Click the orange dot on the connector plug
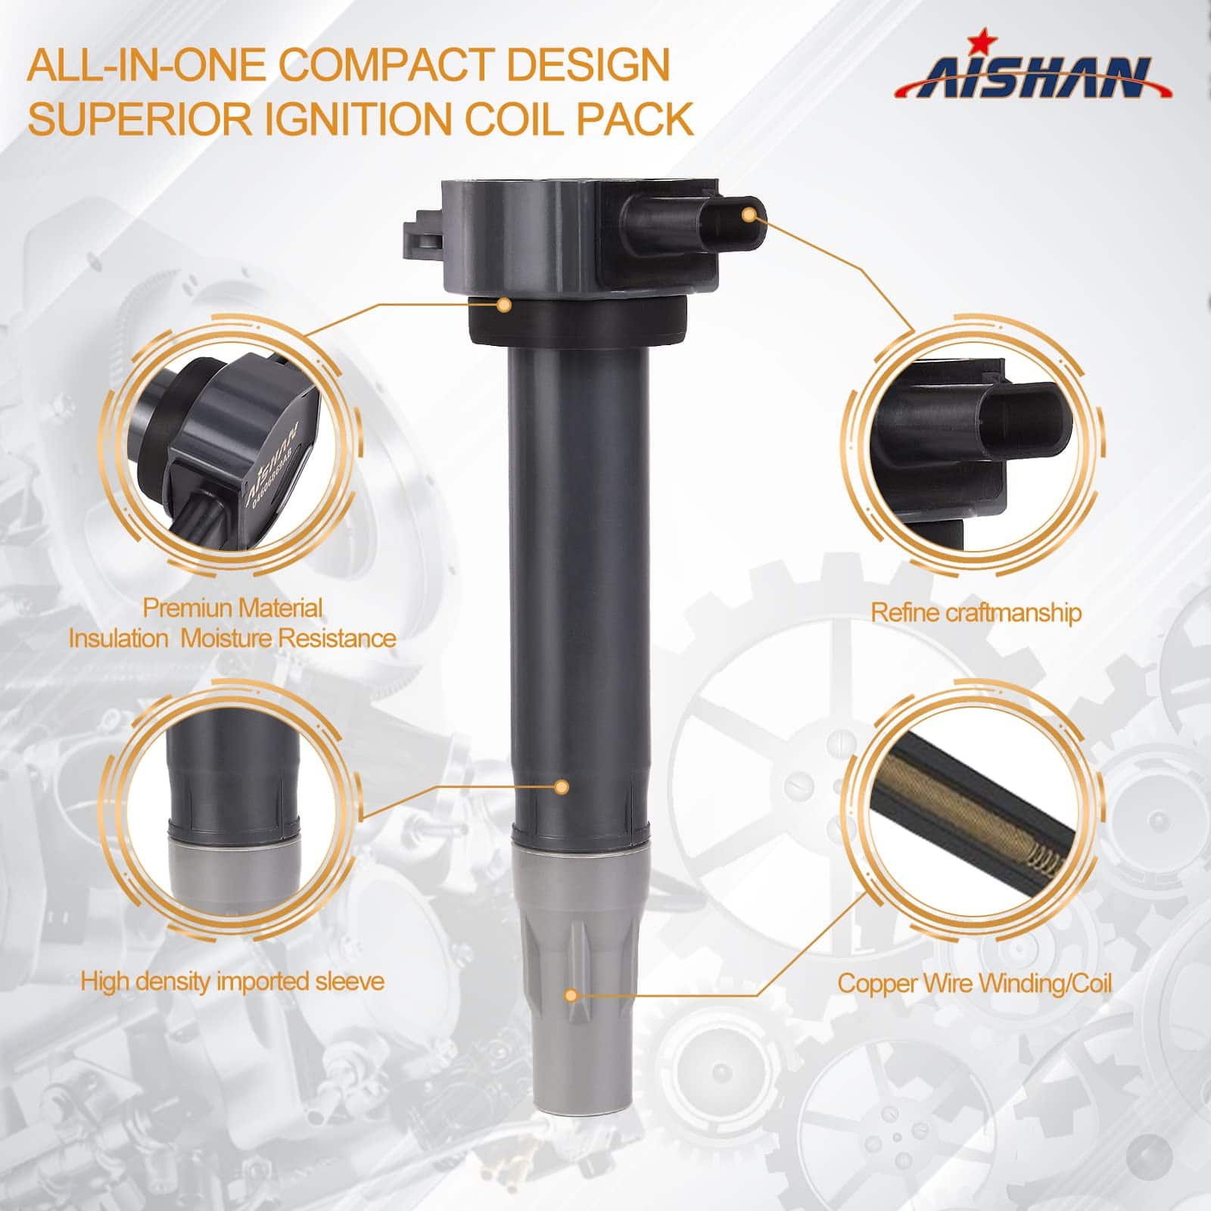(749, 215)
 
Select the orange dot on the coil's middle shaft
(562, 787)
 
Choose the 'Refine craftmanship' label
(976, 612)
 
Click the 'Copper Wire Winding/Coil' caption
(975, 983)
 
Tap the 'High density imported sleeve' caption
(232, 982)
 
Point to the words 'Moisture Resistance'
(289, 638)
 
